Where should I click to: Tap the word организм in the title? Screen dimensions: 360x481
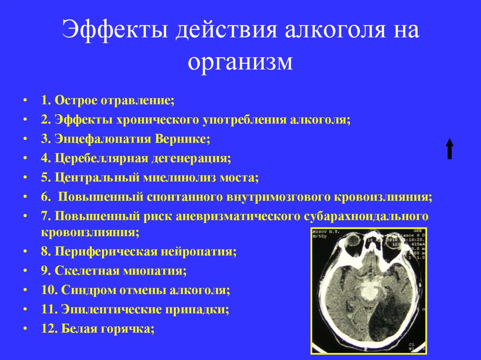(x=240, y=62)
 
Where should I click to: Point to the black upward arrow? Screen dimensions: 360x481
(x=450, y=149)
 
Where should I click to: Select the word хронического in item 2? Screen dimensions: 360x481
(x=155, y=120)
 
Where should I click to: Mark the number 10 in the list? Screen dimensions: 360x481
(x=48, y=290)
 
